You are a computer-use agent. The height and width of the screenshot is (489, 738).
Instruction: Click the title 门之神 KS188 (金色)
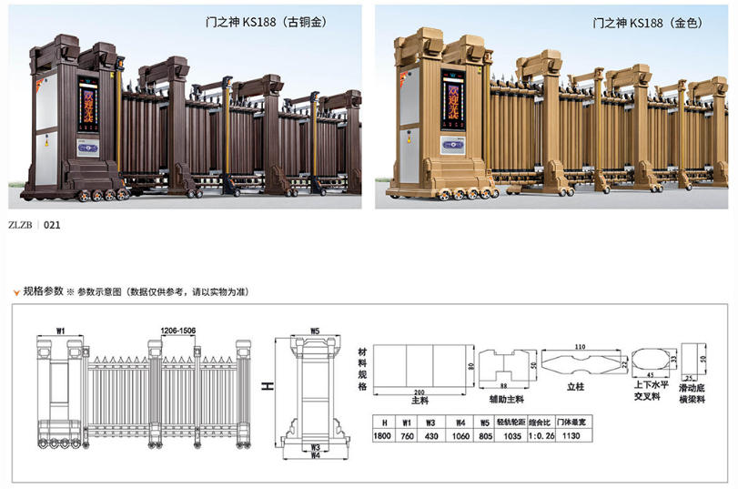[x=647, y=21]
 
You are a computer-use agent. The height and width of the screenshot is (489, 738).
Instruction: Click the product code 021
[x=52, y=223]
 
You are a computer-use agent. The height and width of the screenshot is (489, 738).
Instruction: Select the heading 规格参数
[x=43, y=291]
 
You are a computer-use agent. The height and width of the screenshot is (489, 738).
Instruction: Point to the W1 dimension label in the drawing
[x=60, y=330]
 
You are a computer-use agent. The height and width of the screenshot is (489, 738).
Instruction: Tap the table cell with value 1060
[x=461, y=435]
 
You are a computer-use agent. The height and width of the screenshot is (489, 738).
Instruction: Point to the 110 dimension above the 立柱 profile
[x=580, y=347]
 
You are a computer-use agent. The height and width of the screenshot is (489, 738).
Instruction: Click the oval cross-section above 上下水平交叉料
[x=648, y=360]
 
